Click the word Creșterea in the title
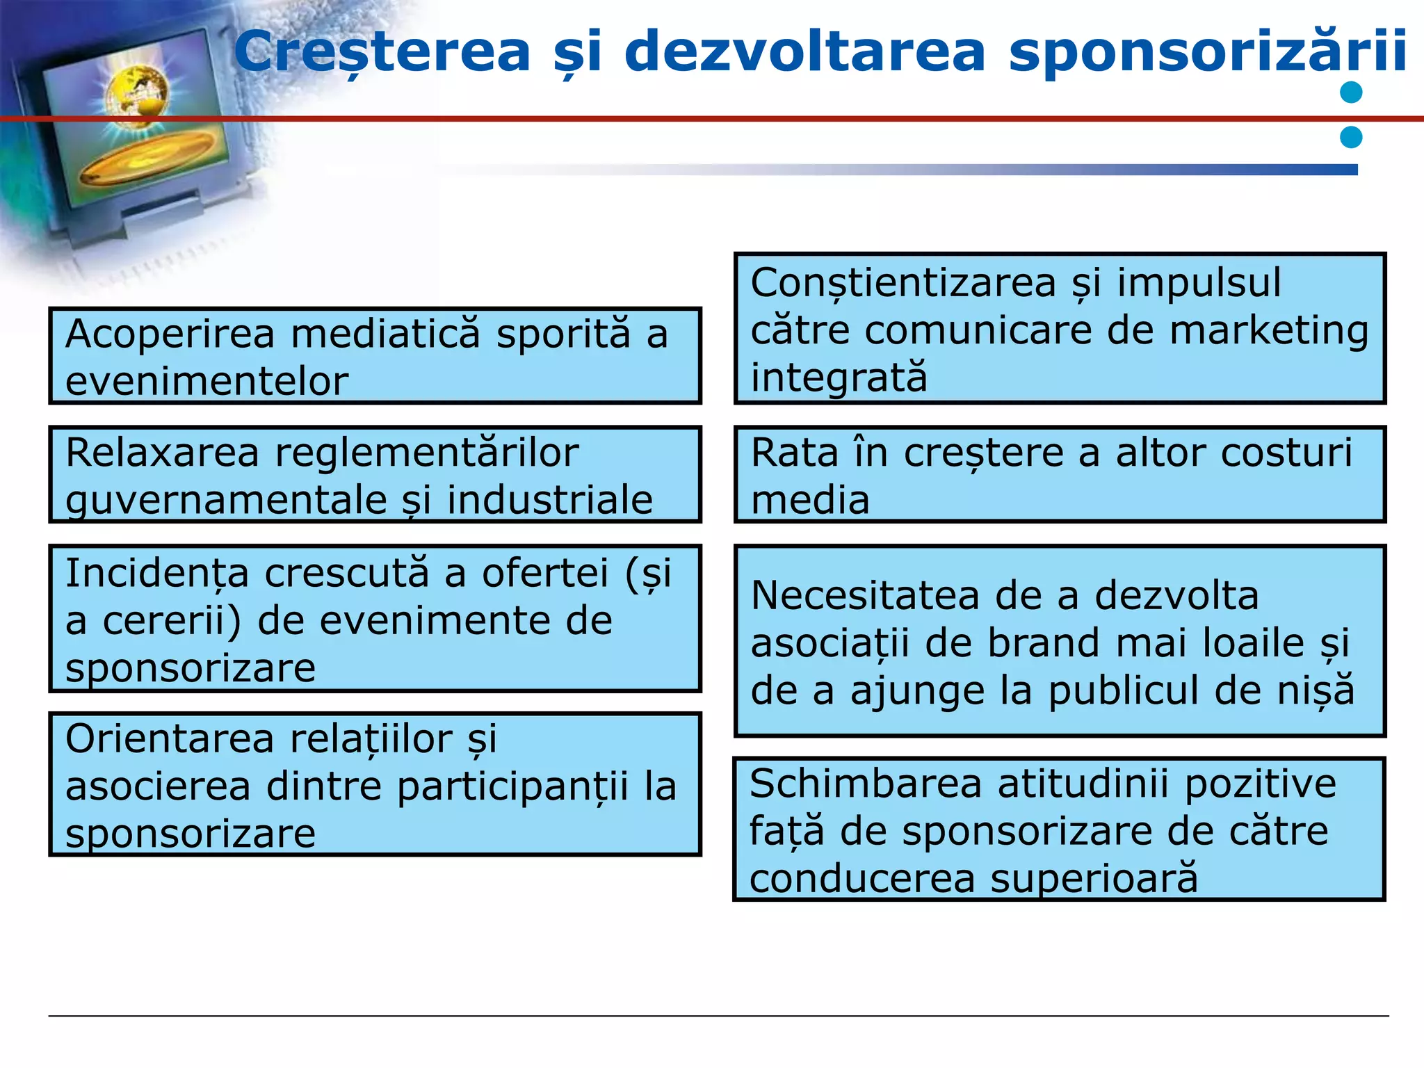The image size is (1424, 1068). point(382,52)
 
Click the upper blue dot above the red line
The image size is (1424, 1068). point(1351,92)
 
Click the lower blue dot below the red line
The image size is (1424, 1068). point(1351,137)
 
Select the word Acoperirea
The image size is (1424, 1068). point(170,334)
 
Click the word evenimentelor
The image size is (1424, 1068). point(207,382)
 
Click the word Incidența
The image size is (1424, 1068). point(156,574)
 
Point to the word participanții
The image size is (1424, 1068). point(512,788)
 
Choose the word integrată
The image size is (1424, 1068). point(839,378)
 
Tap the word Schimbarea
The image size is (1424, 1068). point(865,784)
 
